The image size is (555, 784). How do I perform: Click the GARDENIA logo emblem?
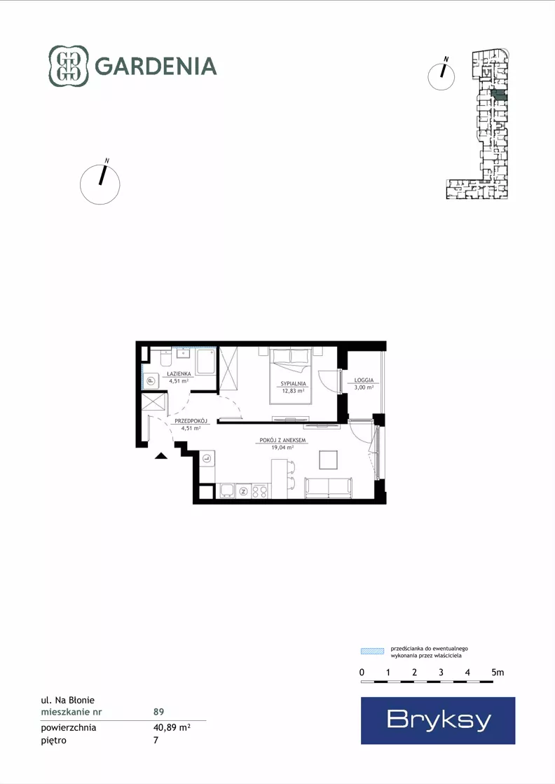coord(69,66)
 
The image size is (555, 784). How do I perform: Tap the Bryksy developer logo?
coord(438,720)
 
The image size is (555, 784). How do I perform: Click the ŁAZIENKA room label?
coord(179,374)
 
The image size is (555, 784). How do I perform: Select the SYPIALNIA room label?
coord(293,384)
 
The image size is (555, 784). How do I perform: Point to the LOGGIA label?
coord(364,380)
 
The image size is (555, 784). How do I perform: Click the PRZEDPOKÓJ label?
coord(191,421)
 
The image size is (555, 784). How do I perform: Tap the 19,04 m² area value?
coord(282,448)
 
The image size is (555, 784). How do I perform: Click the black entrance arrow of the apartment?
coord(160,455)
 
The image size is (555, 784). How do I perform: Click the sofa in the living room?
coord(329,488)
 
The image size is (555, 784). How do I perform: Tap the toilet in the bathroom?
coord(165,358)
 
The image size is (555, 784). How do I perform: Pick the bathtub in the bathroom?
coord(205,362)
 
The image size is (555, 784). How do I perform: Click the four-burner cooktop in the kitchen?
coord(260,492)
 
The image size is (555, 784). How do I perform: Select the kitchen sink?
coord(227,491)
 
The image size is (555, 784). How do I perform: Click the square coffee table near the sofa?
coord(329,460)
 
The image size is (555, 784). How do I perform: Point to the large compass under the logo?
coord(100,184)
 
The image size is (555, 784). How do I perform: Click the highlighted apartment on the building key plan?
coord(499,95)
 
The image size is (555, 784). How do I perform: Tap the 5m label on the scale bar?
coord(498,673)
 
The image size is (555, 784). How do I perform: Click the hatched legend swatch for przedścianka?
coord(373,651)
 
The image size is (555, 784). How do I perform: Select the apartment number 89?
coord(158,712)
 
